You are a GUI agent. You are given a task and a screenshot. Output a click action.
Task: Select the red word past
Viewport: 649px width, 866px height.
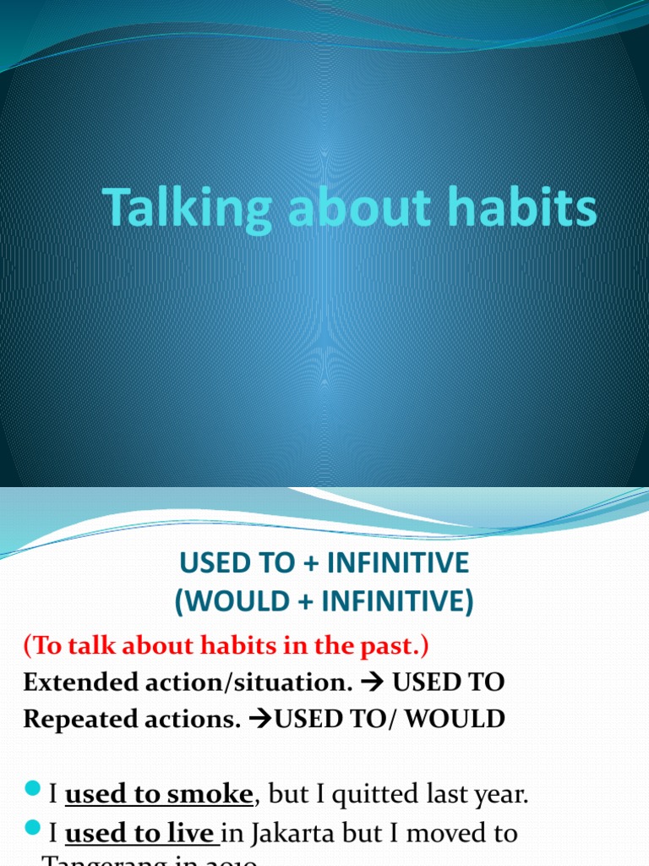click(x=398, y=646)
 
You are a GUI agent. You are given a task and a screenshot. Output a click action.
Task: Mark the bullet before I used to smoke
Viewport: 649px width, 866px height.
click(x=32, y=789)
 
